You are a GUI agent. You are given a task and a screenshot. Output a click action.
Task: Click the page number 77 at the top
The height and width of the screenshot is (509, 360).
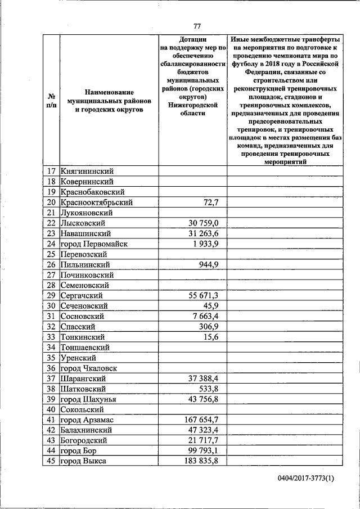pyautogui.click(x=197, y=26)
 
